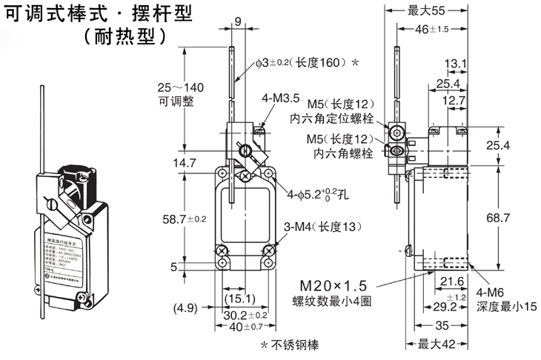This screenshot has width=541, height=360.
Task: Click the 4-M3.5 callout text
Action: [x=280, y=97]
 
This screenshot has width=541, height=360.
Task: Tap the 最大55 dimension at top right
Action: [x=426, y=10]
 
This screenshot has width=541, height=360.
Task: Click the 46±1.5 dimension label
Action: [x=428, y=29]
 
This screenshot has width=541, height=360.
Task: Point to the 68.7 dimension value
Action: [x=497, y=218]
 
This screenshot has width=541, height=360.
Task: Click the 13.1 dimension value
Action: [x=455, y=64]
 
